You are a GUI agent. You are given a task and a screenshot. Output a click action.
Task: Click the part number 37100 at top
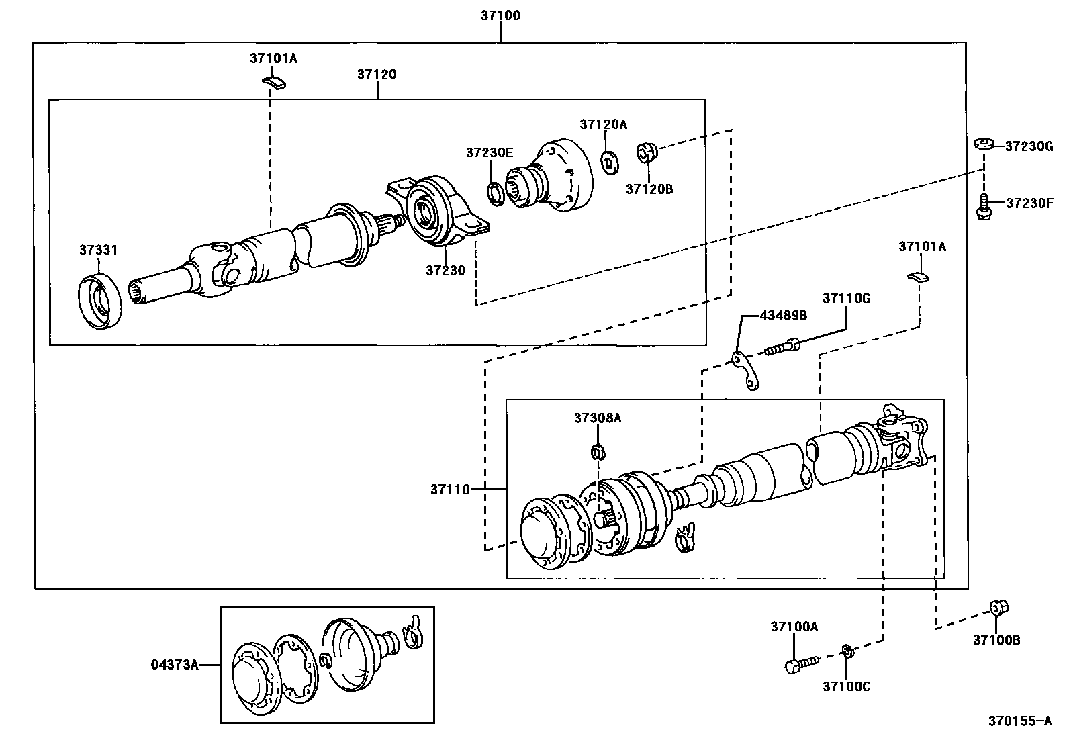click(x=500, y=15)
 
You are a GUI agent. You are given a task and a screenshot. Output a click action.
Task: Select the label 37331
click(x=98, y=250)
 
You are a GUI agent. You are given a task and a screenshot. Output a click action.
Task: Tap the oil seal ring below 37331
click(x=100, y=300)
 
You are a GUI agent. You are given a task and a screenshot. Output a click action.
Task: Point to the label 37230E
click(x=490, y=153)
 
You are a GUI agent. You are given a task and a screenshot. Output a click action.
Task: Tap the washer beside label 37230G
click(x=984, y=144)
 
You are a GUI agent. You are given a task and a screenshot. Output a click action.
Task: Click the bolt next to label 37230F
click(x=984, y=205)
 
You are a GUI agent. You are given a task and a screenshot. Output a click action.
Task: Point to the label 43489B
click(x=783, y=315)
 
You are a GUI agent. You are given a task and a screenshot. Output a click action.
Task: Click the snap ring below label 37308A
click(x=598, y=451)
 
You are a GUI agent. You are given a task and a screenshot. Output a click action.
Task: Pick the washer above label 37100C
click(x=847, y=650)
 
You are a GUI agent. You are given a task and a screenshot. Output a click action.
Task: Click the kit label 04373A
click(x=174, y=665)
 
